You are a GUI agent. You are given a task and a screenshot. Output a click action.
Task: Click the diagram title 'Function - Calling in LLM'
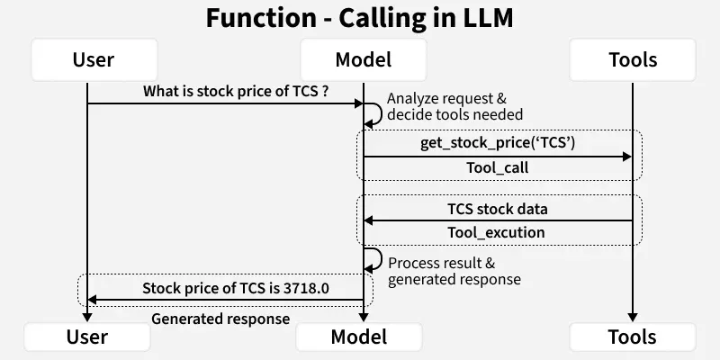tap(360, 18)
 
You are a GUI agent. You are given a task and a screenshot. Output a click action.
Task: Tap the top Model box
tap(363, 60)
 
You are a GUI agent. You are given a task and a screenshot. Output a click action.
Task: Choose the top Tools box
tap(632, 60)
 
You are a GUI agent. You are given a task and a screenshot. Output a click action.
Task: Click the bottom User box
tap(87, 337)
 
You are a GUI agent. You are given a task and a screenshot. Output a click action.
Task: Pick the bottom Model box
tap(359, 337)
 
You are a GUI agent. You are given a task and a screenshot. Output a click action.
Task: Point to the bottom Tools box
tap(632, 337)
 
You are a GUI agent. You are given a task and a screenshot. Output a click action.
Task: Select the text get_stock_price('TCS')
tap(498, 143)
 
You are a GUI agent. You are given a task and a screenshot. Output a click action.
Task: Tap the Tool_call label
tap(498, 167)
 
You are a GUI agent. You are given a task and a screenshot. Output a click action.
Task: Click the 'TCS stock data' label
tap(498, 209)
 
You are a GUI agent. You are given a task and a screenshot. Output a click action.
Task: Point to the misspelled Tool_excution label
tap(498, 232)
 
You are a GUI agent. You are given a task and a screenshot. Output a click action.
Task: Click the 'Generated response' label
tap(220, 318)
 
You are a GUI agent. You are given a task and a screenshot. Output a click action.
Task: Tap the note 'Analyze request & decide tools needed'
tap(454, 107)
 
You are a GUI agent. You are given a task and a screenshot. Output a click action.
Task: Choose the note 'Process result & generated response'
tap(454, 271)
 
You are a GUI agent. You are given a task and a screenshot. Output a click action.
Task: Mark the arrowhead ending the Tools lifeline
tap(632, 316)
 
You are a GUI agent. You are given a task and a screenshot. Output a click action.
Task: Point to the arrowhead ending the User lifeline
tap(87, 316)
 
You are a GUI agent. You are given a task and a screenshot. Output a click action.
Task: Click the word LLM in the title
tap(486, 18)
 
